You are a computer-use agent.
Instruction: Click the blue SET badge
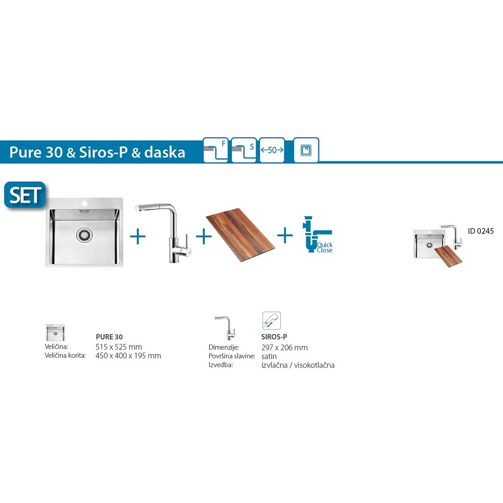coord(25,195)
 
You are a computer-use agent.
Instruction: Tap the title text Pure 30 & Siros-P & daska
coord(97,152)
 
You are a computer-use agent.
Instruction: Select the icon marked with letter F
coord(216,150)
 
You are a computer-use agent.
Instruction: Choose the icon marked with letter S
coord(244,150)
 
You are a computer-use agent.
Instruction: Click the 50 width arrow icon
coord(272,150)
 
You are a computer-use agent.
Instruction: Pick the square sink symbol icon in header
coord(306,150)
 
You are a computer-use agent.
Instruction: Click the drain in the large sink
coord(85,235)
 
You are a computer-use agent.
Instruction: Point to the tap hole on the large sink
coord(85,203)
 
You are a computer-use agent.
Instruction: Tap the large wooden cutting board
coord(240,231)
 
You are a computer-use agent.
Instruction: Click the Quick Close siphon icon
coord(317,234)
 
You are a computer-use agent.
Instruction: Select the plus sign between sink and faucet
coord(138,237)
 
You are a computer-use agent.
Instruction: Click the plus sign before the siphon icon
coord(285,235)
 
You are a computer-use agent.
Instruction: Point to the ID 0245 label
coord(480,231)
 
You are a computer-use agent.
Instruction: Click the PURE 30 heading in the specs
coord(109,337)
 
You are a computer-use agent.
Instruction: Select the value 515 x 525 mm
coord(119,347)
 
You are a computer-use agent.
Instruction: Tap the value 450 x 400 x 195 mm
coord(128,356)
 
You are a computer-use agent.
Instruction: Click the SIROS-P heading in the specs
coord(274,337)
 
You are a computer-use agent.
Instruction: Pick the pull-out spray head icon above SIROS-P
coord(272,320)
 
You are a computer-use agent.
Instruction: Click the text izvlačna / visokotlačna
coord(298,365)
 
